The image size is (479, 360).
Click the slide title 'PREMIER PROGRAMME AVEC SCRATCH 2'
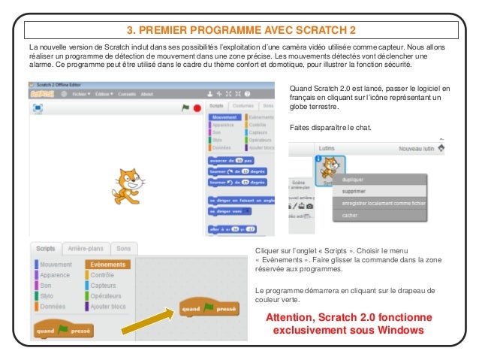pyautogui.click(x=239, y=30)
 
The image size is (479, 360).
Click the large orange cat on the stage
pyautogui.click(x=128, y=185)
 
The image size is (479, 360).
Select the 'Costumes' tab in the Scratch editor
pyautogui.click(x=243, y=107)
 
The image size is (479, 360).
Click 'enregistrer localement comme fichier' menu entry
pyautogui.click(x=383, y=203)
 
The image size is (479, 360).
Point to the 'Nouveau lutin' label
pyautogui.click(x=417, y=149)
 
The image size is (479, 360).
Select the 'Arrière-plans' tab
pyautogui.click(x=86, y=248)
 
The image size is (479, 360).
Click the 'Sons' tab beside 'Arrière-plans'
pyautogui.click(x=123, y=248)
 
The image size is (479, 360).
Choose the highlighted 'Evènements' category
pyautogui.click(x=107, y=265)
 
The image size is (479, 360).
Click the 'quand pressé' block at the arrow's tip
pyautogui.click(x=209, y=308)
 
